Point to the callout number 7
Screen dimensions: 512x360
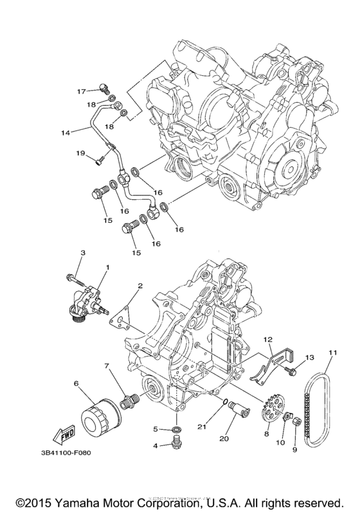[108, 366]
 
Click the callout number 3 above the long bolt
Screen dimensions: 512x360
[82, 254]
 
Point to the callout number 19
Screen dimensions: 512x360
[81, 153]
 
